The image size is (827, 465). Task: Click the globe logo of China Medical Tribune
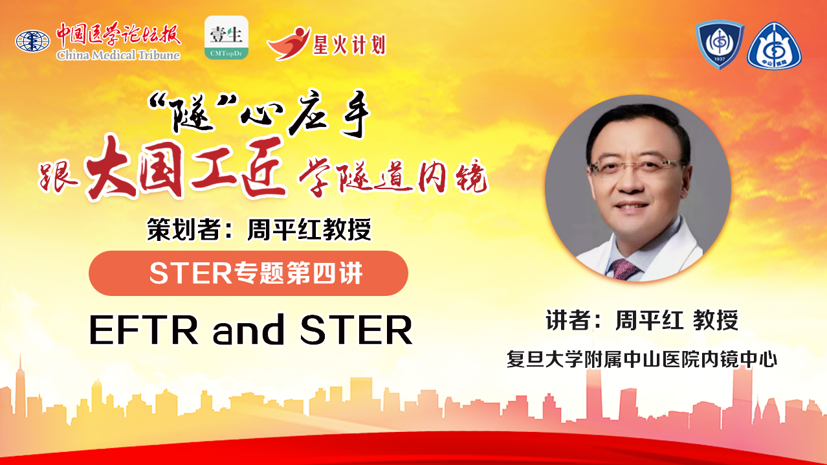point(32,41)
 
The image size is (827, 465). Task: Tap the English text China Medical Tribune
point(118,55)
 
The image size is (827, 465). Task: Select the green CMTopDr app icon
point(226,38)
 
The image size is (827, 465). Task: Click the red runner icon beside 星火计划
point(289,43)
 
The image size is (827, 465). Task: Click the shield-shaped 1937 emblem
point(720,44)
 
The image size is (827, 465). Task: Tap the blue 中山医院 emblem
point(774,46)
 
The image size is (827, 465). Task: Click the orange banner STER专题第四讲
point(248,273)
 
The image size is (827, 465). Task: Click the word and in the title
point(248,329)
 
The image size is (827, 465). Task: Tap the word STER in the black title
point(357,330)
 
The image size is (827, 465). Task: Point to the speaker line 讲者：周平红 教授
point(642,320)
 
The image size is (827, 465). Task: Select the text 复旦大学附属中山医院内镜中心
point(642,359)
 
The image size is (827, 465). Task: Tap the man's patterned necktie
point(623,269)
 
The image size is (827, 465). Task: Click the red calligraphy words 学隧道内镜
point(393,177)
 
